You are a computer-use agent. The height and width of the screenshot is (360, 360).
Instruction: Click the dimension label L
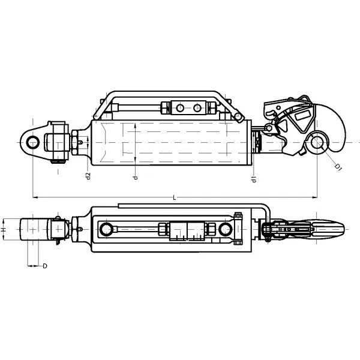pos(175,197)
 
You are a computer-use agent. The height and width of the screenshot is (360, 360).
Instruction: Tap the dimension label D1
pos(338,167)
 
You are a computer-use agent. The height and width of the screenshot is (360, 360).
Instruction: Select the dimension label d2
pos(88,176)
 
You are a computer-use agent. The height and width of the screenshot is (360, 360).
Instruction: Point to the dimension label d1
pos(254,179)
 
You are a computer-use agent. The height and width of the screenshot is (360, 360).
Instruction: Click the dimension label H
pos(3,230)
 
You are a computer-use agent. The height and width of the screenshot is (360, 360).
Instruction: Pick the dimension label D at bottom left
pos(45,266)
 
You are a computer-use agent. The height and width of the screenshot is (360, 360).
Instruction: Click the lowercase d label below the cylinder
pos(136,178)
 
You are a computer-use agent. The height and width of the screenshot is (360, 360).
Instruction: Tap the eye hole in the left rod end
pos(33,142)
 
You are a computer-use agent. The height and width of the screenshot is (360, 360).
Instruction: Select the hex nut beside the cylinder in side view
pos(75,142)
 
